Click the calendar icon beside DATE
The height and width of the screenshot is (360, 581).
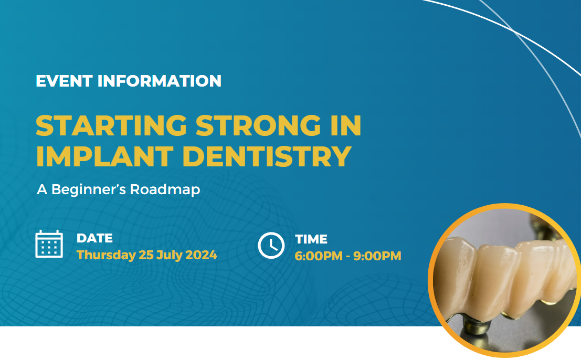[49, 244]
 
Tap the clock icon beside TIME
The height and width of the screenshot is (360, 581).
[271, 245]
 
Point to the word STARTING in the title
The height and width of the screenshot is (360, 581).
[111, 126]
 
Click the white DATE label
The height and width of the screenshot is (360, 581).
[94, 238]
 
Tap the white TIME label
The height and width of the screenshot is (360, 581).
[311, 239]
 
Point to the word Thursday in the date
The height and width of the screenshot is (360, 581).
[106, 256]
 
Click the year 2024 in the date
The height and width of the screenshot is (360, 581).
[200, 255]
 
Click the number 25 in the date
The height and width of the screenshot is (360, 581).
[145, 255]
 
